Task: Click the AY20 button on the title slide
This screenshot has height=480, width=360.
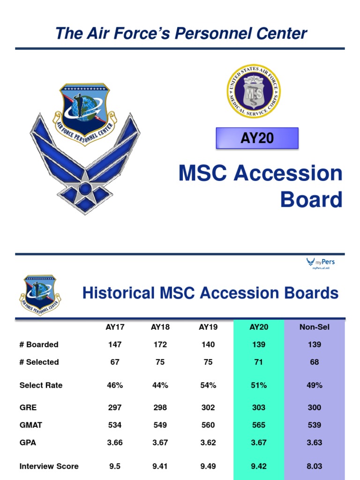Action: pyautogui.click(x=257, y=138)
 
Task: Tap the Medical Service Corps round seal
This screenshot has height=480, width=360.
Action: pyautogui.click(x=254, y=91)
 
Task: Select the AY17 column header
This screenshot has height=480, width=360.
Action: pyautogui.click(x=115, y=327)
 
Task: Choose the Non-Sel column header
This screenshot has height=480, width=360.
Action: pyautogui.click(x=315, y=327)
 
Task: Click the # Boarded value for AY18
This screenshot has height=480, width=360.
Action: pyautogui.click(x=160, y=345)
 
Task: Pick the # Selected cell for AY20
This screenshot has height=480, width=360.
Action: pyautogui.click(x=259, y=362)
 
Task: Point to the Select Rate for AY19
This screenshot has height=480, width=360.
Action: pyautogui.click(x=208, y=385)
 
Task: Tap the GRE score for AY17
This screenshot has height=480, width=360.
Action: pyautogui.click(x=115, y=407)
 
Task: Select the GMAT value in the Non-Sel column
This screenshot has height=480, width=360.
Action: pyautogui.click(x=315, y=425)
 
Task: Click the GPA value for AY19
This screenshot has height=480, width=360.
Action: pyautogui.click(x=208, y=442)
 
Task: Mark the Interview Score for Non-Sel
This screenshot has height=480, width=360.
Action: pyautogui.click(x=315, y=466)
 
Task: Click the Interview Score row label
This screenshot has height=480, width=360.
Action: pyautogui.click(x=49, y=466)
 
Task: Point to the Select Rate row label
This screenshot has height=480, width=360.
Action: pyautogui.click(x=41, y=385)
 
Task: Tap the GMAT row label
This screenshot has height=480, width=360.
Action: pyautogui.click(x=30, y=425)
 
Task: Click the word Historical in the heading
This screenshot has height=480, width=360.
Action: pyautogui.click(x=119, y=293)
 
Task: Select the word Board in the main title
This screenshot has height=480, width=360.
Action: pyautogui.click(x=311, y=200)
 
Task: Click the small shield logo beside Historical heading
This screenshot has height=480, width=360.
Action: pyautogui.click(x=40, y=294)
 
